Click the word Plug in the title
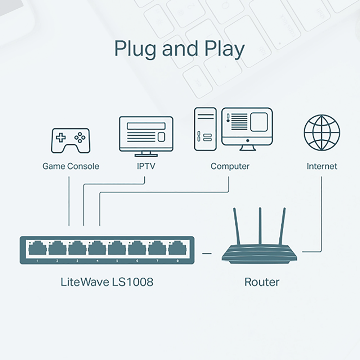click(x=136, y=50)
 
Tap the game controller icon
click(x=70, y=140)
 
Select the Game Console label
click(x=71, y=166)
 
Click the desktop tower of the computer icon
click(x=205, y=129)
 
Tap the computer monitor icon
click(x=247, y=126)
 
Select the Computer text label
click(x=230, y=166)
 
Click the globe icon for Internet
click(x=321, y=132)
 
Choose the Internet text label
click(x=321, y=166)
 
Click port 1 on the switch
click(x=37, y=249)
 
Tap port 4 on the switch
click(x=97, y=249)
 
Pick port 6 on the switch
click(x=137, y=249)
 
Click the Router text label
click(x=262, y=282)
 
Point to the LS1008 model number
click(x=132, y=282)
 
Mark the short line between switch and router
click(x=207, y=253)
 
